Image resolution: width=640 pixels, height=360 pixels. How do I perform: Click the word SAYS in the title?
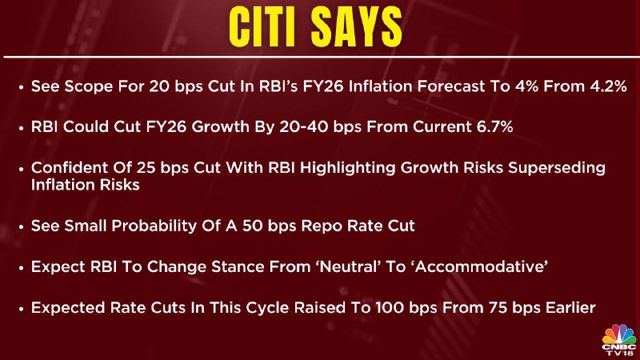[356, 27]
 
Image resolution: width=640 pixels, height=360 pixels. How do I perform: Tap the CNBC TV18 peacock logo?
[618, 339]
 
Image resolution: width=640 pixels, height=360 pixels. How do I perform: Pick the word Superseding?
[557, 168]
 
